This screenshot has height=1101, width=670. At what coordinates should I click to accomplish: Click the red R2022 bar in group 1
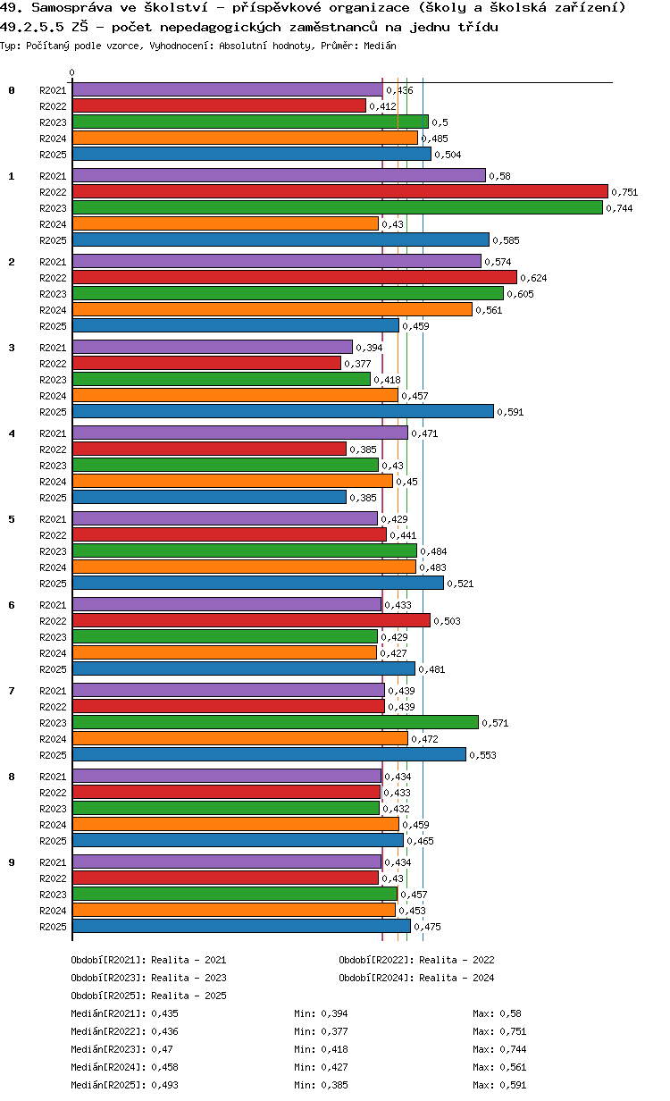(x=339, y=191)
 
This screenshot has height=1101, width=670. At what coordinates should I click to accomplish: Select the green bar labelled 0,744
(x=337, y=207)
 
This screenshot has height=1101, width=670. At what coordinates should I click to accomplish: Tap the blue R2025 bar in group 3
(x=282, y=411)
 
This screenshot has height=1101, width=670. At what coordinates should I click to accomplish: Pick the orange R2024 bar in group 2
(x=272, y=309)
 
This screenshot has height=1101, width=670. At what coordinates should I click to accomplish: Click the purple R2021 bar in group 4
(x=239, y=433)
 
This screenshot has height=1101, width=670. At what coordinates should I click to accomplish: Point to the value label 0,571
(x=495, y=723)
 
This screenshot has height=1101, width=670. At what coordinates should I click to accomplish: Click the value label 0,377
(x=357, y=364)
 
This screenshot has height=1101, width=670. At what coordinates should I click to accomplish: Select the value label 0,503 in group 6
(x=446, y=621)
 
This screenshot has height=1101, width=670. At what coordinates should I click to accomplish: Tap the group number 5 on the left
(x=12, y=519)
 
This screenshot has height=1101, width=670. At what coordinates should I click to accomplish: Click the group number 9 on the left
(x=12, y=862)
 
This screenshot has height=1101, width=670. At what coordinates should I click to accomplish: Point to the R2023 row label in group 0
(x=53, y=122)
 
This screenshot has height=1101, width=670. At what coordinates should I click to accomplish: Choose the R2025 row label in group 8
(x=53, y=841)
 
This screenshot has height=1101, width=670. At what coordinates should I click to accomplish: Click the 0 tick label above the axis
(x=72, y=73)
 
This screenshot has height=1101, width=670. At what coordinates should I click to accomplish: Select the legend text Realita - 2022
(x=456, y=960)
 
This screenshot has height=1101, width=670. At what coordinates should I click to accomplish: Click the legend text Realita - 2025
(x=188, y=996)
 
